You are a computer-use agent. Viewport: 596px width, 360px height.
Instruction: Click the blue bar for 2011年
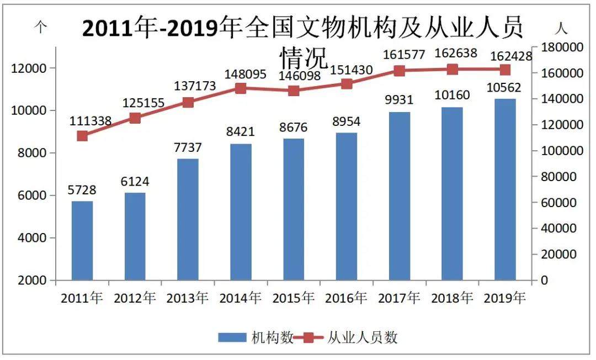(82, 240)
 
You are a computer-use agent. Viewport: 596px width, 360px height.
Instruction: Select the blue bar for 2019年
(505, 189)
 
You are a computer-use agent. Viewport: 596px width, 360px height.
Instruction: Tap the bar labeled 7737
(188, 219)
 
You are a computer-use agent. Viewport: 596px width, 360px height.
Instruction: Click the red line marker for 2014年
(241, 88)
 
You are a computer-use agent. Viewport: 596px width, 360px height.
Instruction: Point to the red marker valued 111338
(82, 136)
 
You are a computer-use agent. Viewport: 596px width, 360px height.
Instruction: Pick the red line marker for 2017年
(400, 71)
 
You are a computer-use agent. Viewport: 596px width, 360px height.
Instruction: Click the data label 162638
(452, 54)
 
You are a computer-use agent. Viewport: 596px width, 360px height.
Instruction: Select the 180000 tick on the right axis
(562, 48)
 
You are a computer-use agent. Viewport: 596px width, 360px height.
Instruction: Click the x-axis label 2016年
(346, 298)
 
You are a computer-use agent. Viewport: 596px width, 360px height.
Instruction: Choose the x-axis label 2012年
(135, 298)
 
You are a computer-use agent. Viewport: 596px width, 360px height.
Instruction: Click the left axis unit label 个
(40, 28)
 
